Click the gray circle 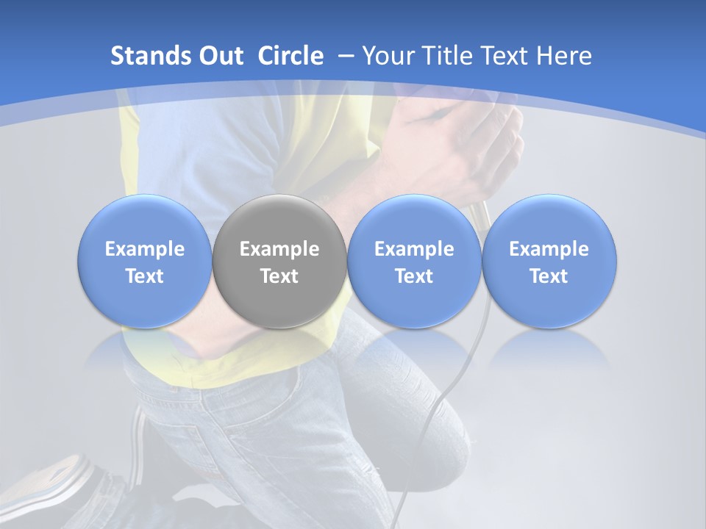click(x=279, y=262)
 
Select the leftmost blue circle click(x=144, y=262)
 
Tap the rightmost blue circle click(x=549, y=262)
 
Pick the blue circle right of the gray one click(x=414, y=262)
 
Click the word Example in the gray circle click(x=279, y=249)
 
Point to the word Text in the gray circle click(x=279, y=276)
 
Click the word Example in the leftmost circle click(x=144, y=249)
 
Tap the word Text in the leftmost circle click(x=144, y=276)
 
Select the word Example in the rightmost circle click(x=549, y=249)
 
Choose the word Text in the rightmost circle click(x=549, y=276)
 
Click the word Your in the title click(x=386, y=56)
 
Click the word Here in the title click(x=565, y=56)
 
